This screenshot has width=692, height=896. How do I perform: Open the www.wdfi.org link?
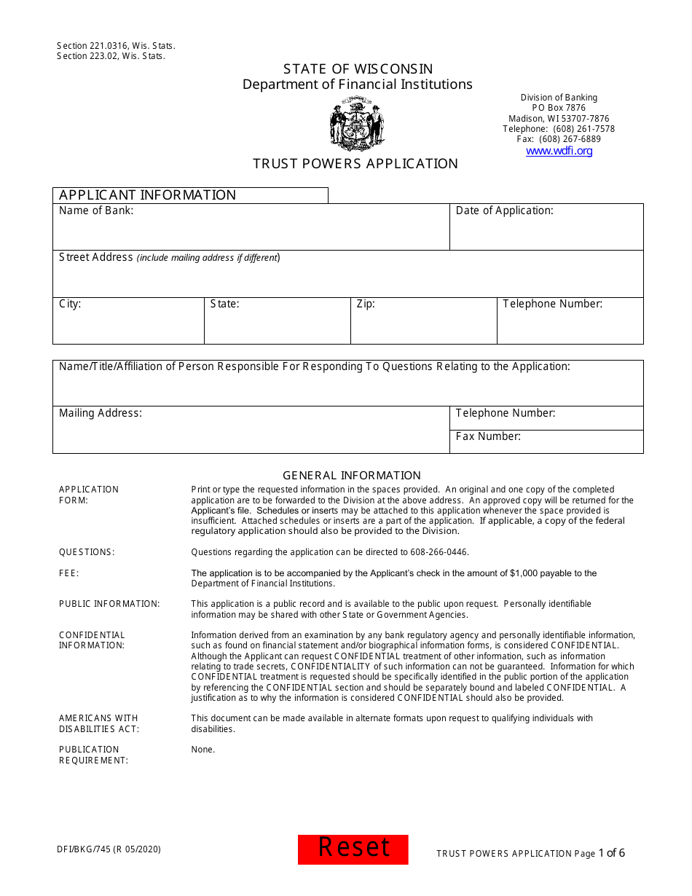point(559,151)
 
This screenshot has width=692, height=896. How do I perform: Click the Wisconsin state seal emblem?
point(357,125)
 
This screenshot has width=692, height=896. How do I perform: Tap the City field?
point(128,326)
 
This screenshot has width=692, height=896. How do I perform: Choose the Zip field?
point(423,326)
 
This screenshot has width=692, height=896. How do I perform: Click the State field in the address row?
point(277,326)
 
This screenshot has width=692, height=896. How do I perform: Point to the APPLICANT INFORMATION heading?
point(147,195)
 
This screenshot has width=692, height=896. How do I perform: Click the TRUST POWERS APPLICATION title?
point(355,164)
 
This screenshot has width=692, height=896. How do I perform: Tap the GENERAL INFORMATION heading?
point(352,476)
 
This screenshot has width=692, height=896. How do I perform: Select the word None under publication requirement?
point(203,750)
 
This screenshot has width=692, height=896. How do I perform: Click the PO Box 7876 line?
point(559,108)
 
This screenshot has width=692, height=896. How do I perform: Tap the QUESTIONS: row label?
point(87,552)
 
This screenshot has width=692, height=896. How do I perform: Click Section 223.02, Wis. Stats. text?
point(111,56)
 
